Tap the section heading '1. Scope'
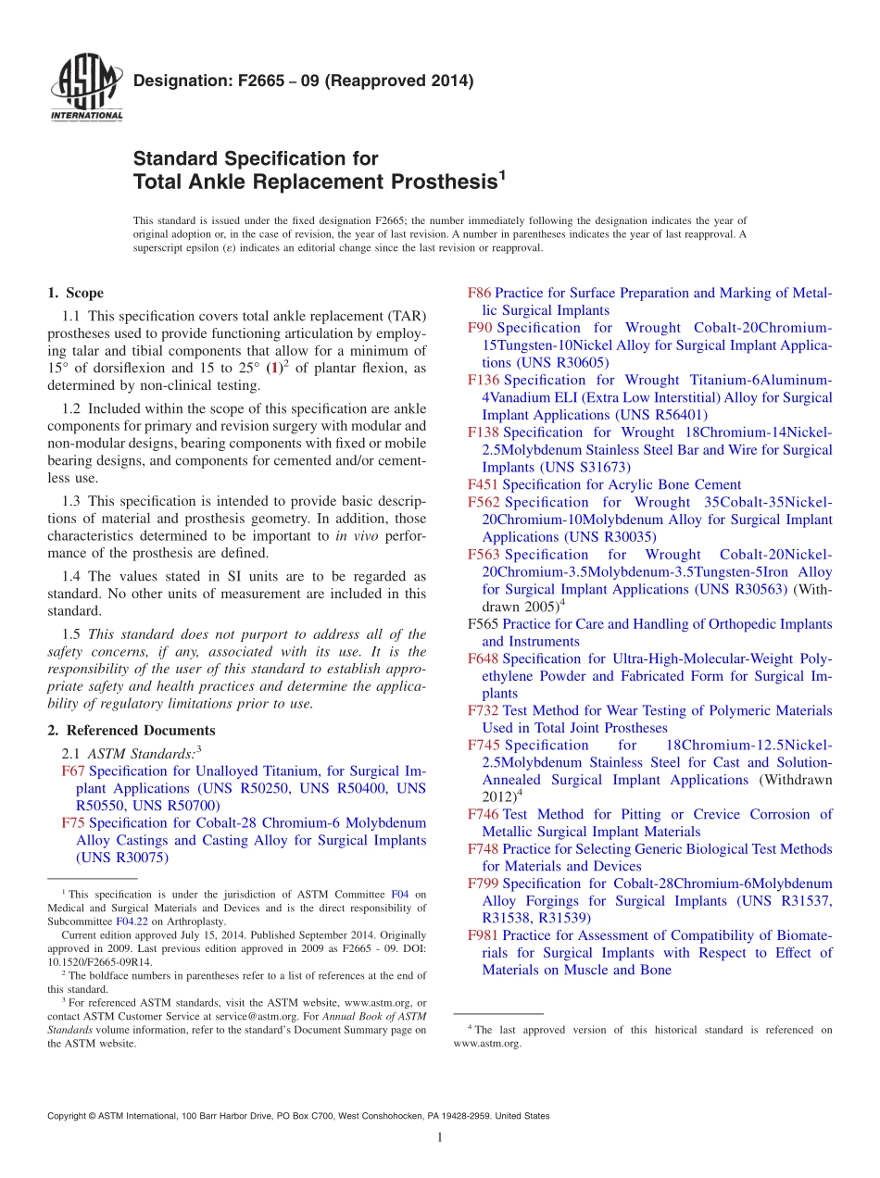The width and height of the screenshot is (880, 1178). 76,294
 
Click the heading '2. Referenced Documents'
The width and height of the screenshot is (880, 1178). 132,731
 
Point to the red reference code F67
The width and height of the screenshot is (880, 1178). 73,771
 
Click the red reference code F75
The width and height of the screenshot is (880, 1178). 73,822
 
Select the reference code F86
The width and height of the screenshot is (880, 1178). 480,294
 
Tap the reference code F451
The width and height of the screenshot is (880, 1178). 484,484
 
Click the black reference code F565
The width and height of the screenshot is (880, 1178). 484,624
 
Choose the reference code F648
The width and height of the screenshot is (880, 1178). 484,658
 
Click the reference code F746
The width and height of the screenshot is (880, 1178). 484,814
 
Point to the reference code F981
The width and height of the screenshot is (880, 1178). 484,935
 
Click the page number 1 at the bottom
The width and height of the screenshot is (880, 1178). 440,1138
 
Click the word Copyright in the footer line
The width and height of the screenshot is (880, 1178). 69,1116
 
